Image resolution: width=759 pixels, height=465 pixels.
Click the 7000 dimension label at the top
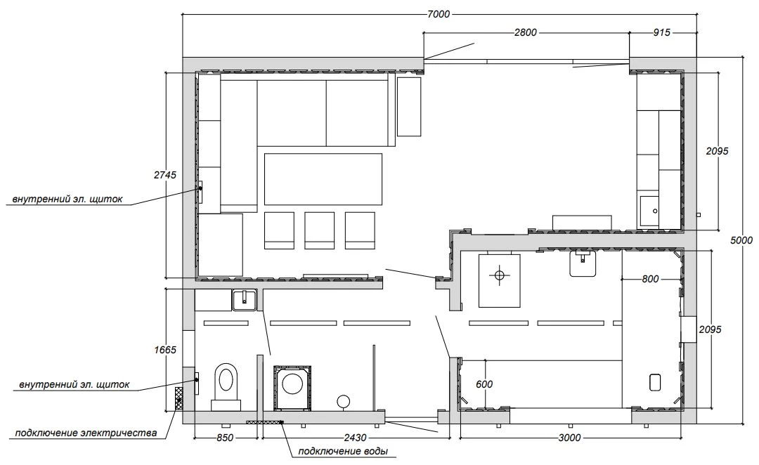[439, 15]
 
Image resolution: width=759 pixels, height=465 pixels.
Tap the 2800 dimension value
[525, 32]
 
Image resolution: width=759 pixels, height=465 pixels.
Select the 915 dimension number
[661, 32]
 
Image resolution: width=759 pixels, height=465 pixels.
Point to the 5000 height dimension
[741, 240]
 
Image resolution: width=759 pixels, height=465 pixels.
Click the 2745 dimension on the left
[165, 175]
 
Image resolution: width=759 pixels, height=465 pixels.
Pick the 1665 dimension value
[165, 350]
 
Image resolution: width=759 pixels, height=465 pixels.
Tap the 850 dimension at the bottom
[225, 438]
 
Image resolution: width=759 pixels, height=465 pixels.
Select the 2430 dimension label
[355, 438]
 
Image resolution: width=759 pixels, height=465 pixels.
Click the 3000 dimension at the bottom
[569, 438]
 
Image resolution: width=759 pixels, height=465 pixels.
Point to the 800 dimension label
[650, 279]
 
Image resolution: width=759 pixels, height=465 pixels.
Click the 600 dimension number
[484, 384]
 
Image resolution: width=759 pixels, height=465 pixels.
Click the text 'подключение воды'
[343, 452]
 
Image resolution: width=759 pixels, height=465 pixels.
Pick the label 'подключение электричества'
[86, 433]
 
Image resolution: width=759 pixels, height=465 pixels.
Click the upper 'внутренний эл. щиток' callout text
[67, 199]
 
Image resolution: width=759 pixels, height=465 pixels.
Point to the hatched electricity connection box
[179, 399]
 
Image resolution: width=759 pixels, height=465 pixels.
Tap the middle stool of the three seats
[320, 230]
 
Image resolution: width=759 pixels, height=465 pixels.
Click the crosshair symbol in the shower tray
[500, 275]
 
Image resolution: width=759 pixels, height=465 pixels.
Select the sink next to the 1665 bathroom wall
[245, 300]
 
